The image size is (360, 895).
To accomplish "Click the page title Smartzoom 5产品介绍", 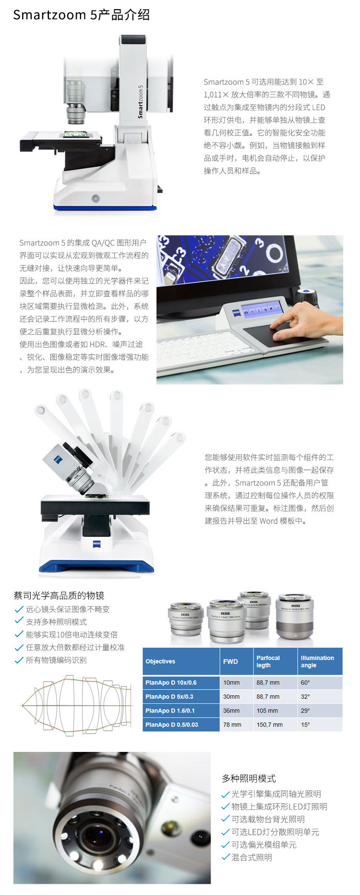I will pos(81,15).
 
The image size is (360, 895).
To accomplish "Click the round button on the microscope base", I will pos(96,198).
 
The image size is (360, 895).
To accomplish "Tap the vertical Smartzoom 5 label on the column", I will pos(140,101).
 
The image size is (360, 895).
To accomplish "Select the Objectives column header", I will pos(160,661).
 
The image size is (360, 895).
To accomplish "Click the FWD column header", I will pos(230,661).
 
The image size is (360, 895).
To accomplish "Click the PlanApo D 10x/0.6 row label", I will pos(171,682).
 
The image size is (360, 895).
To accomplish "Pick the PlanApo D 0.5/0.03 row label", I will pos(172,725).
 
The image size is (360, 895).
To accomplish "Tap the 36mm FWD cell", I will pos(231,711).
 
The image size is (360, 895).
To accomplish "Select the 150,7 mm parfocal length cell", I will pos(269,725).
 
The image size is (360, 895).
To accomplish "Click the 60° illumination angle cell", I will pos(305,682).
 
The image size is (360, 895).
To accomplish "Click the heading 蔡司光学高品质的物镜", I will pos(59,595).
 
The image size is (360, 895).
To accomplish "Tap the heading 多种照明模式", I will pos(249,778).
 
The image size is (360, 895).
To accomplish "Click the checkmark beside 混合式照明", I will pos(226,857).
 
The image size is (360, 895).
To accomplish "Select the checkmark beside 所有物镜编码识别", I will pos(19,660).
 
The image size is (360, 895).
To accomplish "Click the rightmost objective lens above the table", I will pos(295,617).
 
